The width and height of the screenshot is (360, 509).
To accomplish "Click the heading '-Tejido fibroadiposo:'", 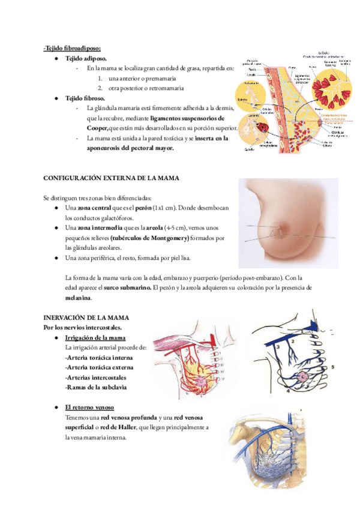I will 71,49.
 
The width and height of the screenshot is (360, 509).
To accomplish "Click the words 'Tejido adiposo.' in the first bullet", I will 86,59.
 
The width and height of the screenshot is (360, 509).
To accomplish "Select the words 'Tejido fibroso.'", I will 85,98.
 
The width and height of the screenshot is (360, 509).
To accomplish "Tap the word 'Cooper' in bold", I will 98,128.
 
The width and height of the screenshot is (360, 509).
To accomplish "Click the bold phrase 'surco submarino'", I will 127,288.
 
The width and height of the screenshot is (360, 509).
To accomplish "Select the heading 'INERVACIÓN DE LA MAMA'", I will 86,317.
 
